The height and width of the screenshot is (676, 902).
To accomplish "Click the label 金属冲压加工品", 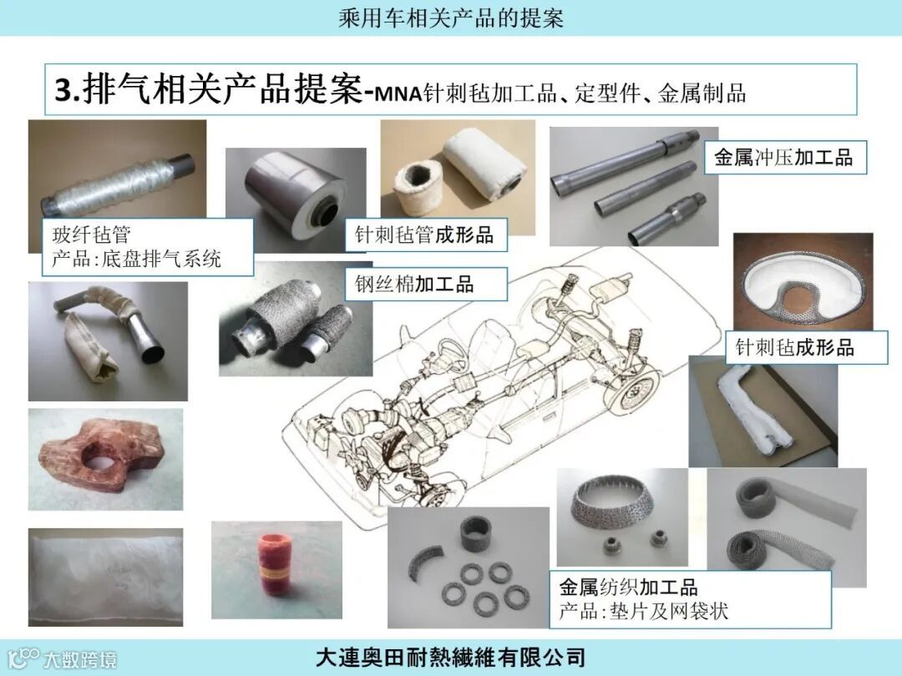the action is point(783,157).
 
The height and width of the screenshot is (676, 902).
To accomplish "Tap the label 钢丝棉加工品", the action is point(414,284).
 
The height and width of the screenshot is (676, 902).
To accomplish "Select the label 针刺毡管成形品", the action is point(424,235).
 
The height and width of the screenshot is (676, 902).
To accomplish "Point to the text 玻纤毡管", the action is point(92,234).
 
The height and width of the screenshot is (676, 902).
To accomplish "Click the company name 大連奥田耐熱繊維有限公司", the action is point(450,658).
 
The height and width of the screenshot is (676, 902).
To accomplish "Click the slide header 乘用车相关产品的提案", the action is point(450,18).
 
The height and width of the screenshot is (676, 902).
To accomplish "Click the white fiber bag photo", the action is point(106,577).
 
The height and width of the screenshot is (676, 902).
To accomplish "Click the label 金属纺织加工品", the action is point(627,588).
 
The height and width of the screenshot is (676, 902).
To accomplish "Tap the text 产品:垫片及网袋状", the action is point(643,611).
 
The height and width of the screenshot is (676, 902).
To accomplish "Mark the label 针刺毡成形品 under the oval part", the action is point(794,347).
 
